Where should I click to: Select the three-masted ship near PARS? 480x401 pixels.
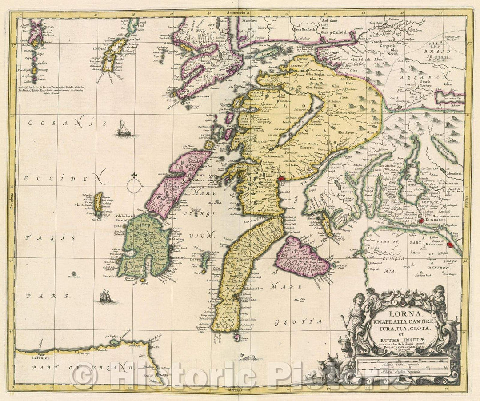click(105, 296)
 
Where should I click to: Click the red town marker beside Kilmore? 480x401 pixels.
click(281, 179)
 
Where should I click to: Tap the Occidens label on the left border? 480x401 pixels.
click(12, 196)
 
